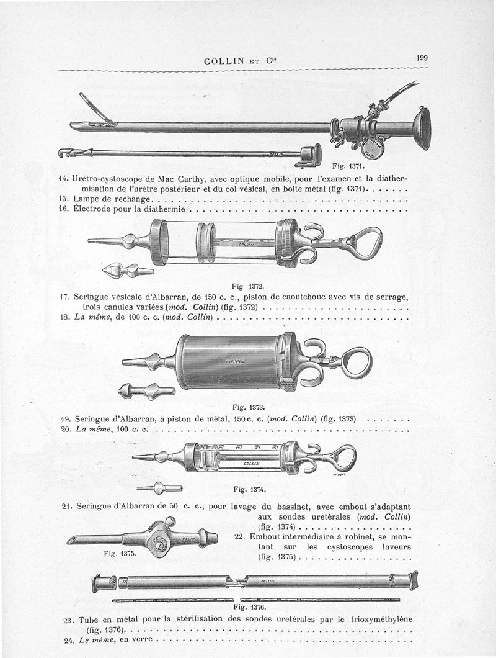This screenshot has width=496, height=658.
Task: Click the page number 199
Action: click(x=422, y=58)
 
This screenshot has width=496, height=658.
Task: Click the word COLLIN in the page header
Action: click(x=225, y=61)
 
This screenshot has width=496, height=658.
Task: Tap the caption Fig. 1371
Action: click(x=348, y=166)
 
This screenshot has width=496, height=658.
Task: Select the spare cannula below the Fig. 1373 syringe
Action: click(x=146, y=392)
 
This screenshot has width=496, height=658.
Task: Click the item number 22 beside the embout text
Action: click(x=242, y=536)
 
